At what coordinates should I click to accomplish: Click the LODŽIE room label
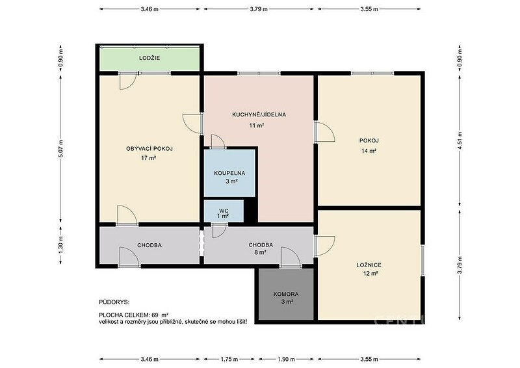[149, 58]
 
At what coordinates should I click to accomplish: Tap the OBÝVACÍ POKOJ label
[149, 149]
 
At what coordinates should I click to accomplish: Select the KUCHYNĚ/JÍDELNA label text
[259, 115]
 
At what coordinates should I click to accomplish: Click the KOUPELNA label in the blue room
[229, 173]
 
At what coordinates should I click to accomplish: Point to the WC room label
[224, 211]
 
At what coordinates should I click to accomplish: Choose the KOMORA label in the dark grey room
[286, 294]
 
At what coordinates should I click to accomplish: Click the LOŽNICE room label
[369, 265]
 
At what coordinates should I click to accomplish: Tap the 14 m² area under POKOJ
[369, 151]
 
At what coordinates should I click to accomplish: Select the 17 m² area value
[149, 158]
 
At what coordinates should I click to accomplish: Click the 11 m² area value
[256, 125]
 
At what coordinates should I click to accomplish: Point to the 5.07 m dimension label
[60, 148]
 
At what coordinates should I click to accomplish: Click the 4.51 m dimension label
[460, 140]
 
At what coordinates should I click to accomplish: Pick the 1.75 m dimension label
[229, 359]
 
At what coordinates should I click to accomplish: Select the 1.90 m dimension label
[286, 359]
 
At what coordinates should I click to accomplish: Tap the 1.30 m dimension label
[60, 246]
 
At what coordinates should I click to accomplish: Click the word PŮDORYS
[114, 302]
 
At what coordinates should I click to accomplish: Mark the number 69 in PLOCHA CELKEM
[155, 315]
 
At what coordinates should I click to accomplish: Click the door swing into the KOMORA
[291, 257]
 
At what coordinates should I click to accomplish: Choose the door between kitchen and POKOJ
[324, 132]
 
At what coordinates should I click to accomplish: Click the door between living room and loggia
[128, 81]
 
